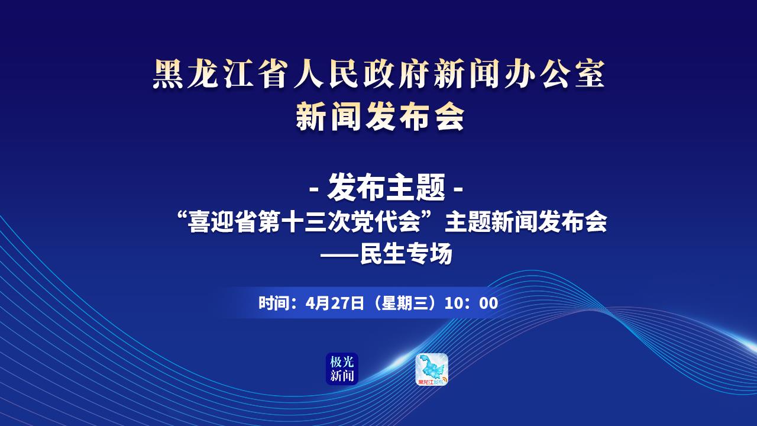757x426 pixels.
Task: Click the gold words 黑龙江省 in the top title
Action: pyautogui.click(x=219, y=75)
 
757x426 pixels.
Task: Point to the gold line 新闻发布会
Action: pyautogui.click(x=380, y=117)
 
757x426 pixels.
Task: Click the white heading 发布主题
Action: pyautogui.click(x=386, y=187)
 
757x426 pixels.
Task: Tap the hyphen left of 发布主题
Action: pyautogui.click(x=315, y=189)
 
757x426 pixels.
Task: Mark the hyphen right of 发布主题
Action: pyautogui.click(x=458, y=189)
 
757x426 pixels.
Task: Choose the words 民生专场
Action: pyautogui.click(x=406, y=254)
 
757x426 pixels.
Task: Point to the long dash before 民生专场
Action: pyautogui.click(x=339, y=254)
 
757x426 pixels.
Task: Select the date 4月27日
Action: pyautogui.click(x=335, y=303)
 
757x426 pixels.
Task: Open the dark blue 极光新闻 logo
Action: pyautogui.click(x=342, y=369)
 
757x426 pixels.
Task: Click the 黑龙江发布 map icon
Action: pyautogui.click(x=432, y=369)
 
